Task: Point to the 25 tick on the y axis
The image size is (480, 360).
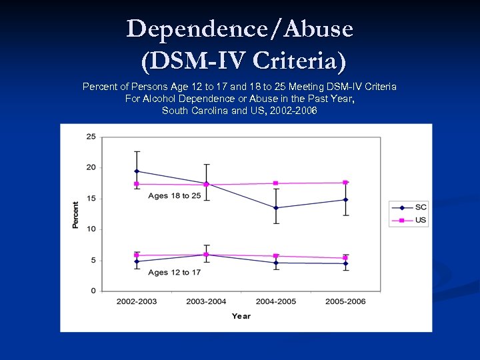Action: click(91, 137)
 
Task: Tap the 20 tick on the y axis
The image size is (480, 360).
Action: click(91, 167)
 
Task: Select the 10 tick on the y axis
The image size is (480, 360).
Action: click(91, 229)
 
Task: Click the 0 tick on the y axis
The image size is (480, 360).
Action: click(93, 291)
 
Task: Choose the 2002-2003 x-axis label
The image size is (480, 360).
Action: click(137, 301)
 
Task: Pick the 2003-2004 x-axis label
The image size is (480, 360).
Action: click(206, 301)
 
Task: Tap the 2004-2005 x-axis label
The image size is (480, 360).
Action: click(276, 301)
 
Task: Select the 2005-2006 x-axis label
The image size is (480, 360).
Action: click(345, 301)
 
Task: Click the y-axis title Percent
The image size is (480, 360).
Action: click(75, 215)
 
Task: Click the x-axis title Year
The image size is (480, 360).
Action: click(241, 316)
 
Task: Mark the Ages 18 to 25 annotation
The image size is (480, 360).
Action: click(174, 195)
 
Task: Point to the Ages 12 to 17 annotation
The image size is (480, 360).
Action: click(174, 272)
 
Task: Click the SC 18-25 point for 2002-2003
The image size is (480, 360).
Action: click(137, 171)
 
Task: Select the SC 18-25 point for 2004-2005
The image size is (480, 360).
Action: click(276, 208)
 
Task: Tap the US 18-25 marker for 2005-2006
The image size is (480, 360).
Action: click(345, 183)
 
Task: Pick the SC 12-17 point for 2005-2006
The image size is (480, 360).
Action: click(345, 263)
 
